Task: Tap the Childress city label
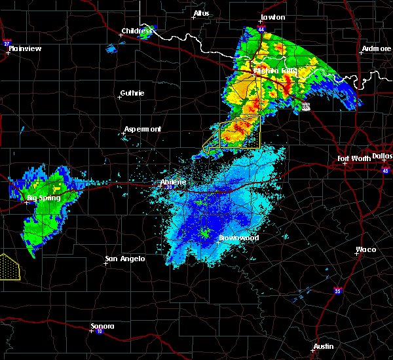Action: click(x=137, y=31)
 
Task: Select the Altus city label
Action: click(x=200, y=13)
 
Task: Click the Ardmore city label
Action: click(x=376, y=49)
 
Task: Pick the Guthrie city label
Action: click(x=133, y=93)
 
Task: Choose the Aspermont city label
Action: click(x=143, y=129)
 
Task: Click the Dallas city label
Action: click(x=382, y=156)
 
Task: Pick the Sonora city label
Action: click(x=103, y=326)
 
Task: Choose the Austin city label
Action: click(x=323, y=346)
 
